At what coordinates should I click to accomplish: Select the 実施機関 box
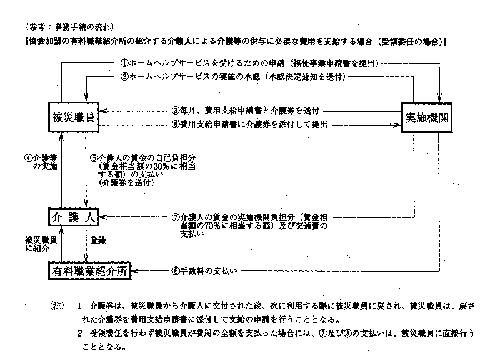coord(426,118)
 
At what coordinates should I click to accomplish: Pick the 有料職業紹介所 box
coord(92,271)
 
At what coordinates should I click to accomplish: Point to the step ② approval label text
coord(234,76)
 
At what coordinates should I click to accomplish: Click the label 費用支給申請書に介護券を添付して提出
coord(249,125)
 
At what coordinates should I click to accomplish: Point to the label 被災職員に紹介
coord(38,244)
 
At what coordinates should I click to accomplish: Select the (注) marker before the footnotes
coord(58,306)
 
